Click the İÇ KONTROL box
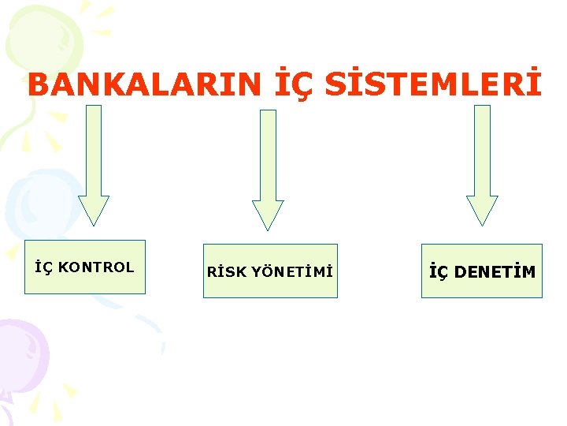pos(85,267)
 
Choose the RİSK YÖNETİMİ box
pos(270,271)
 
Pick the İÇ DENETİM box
pos(482,271)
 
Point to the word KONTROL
pos(96,267)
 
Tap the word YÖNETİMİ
pos(292,272)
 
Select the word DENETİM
pos(495,272)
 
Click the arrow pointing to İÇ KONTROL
pos(94,158)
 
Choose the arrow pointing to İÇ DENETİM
pos(482,158)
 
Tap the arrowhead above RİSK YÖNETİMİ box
pos(268,214)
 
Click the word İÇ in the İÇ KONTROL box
pos(44,267)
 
